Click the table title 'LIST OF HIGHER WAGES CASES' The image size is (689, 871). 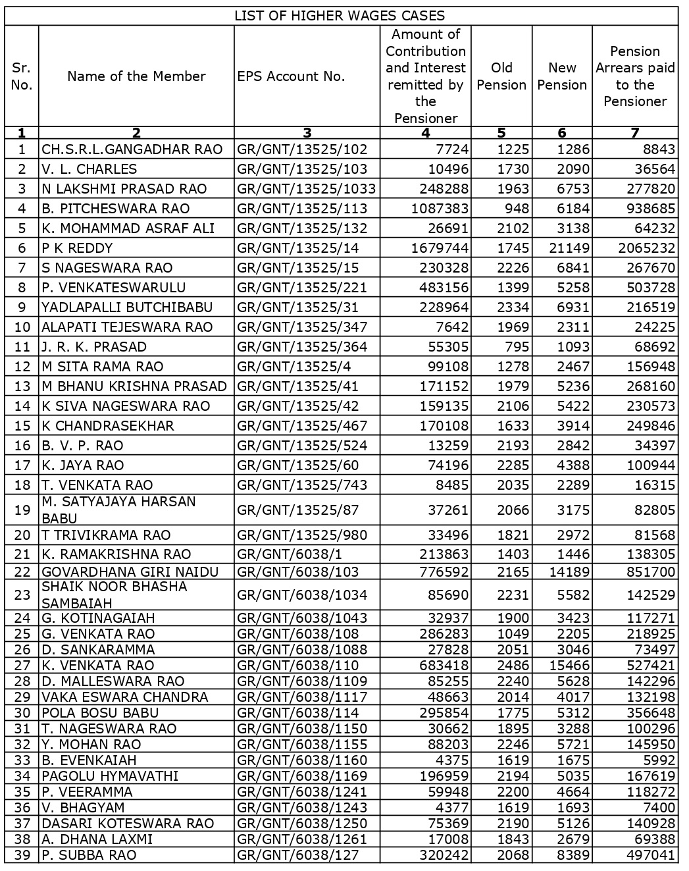340,16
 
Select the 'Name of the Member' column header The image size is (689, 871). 136,76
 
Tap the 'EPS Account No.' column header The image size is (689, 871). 291,76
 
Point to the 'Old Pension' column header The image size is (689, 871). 501,76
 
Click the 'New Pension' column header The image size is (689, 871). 562,76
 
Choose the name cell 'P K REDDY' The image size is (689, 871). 78,248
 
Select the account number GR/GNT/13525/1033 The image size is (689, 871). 307,189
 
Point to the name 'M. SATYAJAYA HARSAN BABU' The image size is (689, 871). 118,510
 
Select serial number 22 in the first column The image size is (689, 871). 22,572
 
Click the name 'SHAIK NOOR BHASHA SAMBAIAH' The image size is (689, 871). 115,594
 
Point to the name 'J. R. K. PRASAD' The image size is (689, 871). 94,347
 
